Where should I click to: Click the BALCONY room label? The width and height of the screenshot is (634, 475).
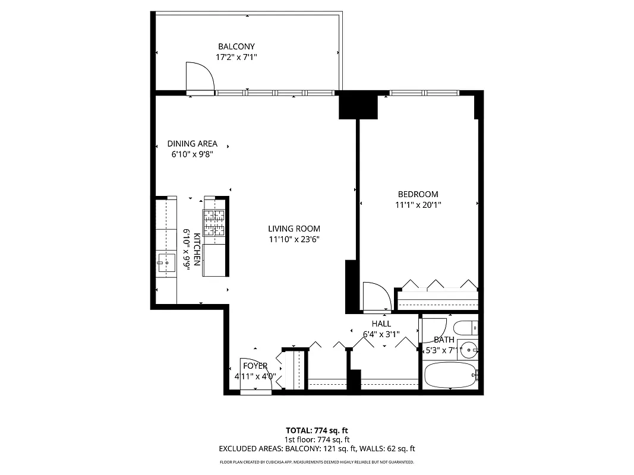236,46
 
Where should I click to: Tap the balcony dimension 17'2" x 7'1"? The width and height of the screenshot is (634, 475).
236,57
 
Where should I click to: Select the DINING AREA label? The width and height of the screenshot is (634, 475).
192,144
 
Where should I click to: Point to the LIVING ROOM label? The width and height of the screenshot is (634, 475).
294,229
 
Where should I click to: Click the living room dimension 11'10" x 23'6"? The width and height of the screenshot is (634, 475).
294,239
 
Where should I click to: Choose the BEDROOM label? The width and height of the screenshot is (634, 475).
418,194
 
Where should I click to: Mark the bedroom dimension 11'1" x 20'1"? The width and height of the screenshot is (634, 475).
418,205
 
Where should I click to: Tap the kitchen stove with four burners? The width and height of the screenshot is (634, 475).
215,223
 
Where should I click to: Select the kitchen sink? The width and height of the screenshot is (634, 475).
166,262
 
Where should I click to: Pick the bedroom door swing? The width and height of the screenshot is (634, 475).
375,296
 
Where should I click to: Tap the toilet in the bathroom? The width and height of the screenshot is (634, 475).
465,327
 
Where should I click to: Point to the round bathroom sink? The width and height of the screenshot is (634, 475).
470,350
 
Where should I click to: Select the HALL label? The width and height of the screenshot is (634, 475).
381,324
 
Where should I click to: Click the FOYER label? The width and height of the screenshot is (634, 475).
255,366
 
